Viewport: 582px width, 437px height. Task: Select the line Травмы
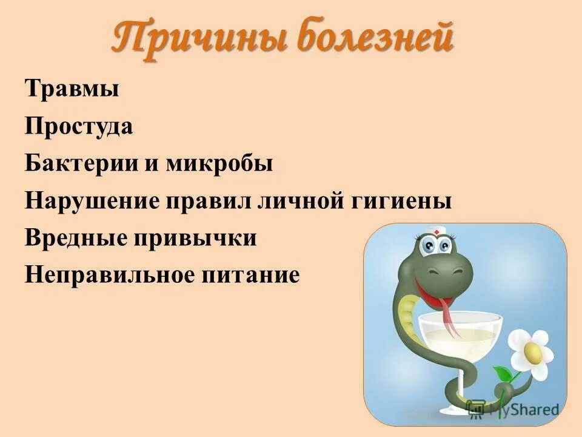[x=72, y=90]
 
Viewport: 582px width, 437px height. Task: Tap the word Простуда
[x=79, y=127]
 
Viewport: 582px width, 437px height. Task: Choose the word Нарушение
[x=90, y=201]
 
